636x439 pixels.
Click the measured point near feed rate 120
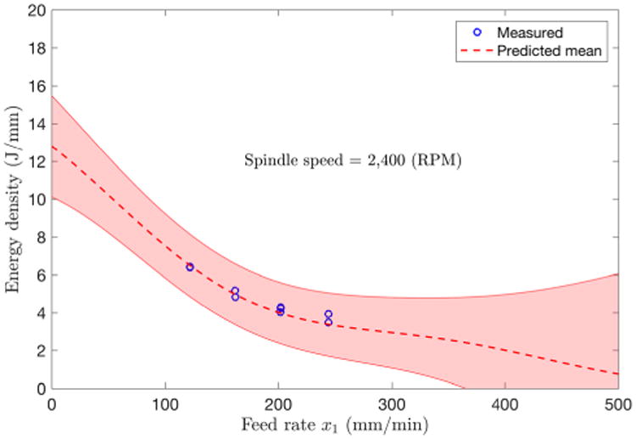tap(190, 267)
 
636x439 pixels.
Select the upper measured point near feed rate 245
tap(328, 314)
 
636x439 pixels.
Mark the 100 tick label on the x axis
tap(165, 402)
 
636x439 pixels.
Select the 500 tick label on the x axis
tap(617, 402)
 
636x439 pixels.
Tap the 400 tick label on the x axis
tap(505, 402)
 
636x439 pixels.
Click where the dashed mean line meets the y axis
tap(53, 147)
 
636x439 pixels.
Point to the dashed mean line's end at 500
tap(616, 374)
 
